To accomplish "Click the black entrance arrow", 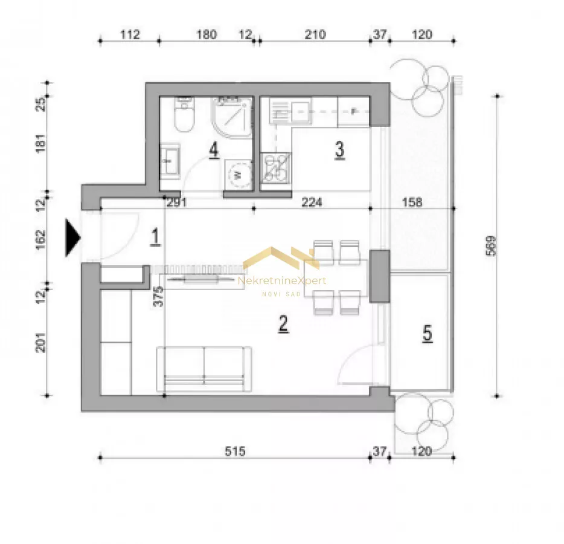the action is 72,238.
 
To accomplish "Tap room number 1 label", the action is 155,238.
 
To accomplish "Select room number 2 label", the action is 283,323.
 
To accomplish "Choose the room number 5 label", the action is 427,333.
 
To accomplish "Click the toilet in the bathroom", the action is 185,114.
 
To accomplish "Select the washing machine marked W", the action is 237,175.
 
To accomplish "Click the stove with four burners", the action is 275,167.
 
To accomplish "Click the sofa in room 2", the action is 203,369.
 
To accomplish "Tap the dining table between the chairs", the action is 336,278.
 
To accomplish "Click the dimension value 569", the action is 491,246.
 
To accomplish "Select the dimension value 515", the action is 235,451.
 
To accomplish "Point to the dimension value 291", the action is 176,202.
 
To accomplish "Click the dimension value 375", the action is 158,296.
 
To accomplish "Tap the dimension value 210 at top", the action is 315,34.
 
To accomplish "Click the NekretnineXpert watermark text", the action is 283,281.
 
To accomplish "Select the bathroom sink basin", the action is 170,161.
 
